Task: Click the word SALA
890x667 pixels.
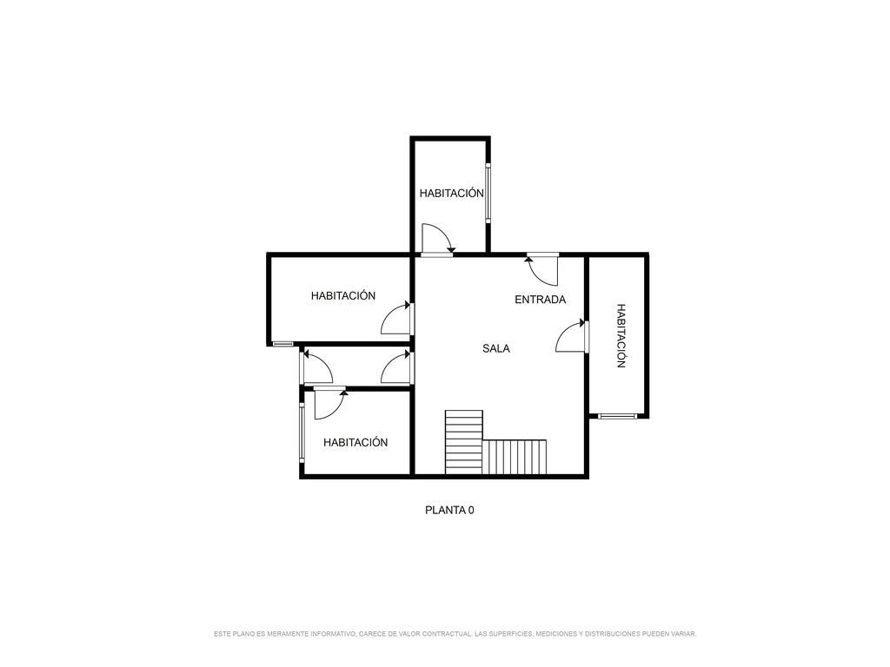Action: (496, 348)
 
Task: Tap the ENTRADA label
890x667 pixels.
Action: (541, 300)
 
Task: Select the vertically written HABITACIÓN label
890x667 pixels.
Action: (621, 336)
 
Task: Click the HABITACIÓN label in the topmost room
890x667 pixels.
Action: (452, 193)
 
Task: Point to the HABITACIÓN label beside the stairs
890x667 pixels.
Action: (355, 442)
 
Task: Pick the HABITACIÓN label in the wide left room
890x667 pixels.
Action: (342, 295)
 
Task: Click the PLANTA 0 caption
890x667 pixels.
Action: (449, 510)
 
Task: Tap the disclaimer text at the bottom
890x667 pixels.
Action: (455, 633)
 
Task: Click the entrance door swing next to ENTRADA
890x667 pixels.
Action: (542, 270)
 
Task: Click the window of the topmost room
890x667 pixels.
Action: (488, 193)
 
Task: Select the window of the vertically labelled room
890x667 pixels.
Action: (618, 416)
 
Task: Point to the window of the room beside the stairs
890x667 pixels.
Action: (302, 433)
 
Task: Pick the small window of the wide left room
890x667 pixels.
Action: (282, 344)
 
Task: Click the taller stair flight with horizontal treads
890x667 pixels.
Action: (464, 442)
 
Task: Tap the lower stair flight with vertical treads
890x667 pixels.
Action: (515, 457)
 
